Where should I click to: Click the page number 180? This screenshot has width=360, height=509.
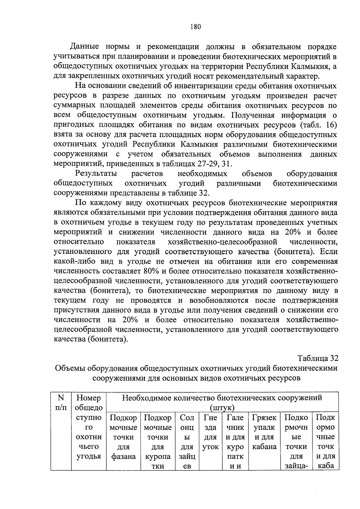[x=195, y=27]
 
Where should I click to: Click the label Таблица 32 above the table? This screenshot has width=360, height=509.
[x=318, y=358]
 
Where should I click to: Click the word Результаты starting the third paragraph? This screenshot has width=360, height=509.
[x=96, y=174]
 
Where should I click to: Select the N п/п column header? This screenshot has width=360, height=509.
[x=61, y=402]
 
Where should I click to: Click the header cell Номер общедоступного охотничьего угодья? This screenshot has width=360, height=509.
[x=88, y=427]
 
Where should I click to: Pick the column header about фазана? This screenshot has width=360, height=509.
[x=123, y=437]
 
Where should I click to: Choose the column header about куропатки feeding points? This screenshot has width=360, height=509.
[x=157, y=442]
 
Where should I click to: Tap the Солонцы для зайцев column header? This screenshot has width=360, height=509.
[x=187, y=442]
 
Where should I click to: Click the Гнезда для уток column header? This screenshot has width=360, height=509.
[x=210, y=432]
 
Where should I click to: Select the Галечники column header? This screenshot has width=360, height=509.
[x=235, y=442]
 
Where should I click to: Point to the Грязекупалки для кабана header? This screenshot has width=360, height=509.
[x=264, y=432]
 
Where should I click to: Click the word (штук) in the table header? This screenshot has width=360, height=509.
[x=222, y=408]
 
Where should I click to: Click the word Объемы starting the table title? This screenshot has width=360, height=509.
[x=69, y=368]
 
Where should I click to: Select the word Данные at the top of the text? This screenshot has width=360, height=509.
[x=85, y=47]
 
